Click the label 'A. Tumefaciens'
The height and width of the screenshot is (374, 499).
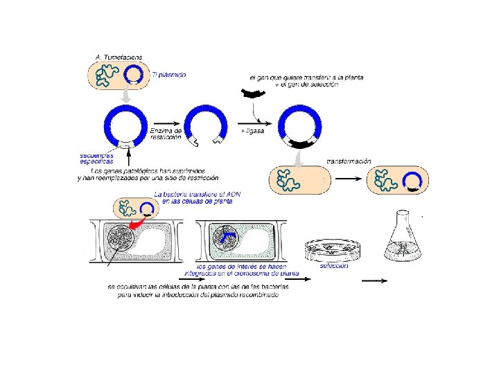(x=119, y=56)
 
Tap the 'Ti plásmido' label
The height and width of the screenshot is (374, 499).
(x=168, y=75)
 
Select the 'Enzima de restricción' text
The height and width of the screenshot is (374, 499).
(x=166, y=134)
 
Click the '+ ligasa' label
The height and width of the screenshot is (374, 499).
(x=252, y=131)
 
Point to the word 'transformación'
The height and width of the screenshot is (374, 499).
(x=349, y=161)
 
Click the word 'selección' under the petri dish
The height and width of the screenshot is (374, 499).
(x=334, y=266)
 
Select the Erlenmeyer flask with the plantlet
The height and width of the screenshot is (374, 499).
(x=403, y=238)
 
